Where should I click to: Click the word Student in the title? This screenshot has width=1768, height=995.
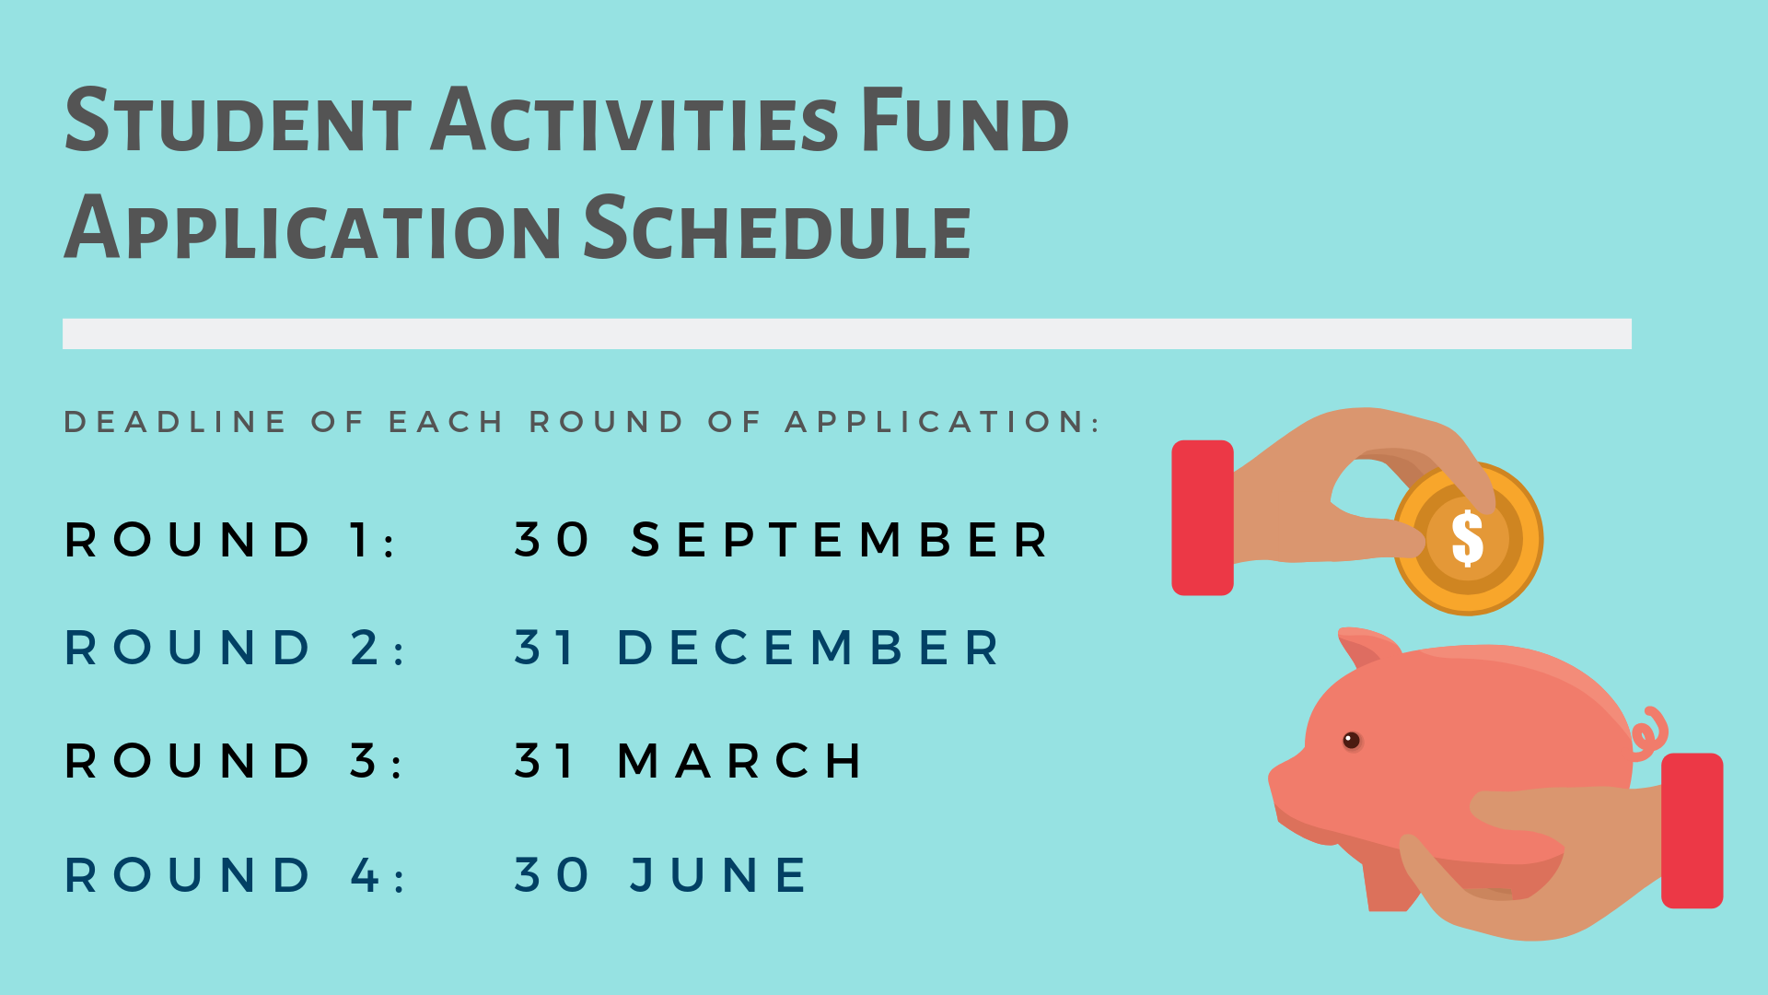pos(238,121)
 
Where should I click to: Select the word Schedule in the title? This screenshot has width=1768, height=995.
pos(778,228)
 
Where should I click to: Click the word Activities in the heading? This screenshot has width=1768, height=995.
pos(634,121)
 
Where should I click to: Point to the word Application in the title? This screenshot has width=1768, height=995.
pos(313,228)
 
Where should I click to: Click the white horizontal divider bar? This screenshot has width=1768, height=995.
pos(846,334)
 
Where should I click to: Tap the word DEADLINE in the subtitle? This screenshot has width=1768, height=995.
pos(175,422)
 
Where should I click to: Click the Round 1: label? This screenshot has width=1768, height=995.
pos(230,540)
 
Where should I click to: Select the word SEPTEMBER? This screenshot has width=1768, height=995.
pos(840,540)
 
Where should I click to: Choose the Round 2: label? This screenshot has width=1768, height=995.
pos(235,648)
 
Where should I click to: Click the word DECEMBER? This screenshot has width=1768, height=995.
pos(808,648)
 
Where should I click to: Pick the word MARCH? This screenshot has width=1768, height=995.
pos(740,761)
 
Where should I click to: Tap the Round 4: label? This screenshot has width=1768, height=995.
pos(235,875)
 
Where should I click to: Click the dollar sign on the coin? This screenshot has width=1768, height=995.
pos(1467,539)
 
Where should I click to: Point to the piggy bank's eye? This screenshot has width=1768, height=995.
pos(1351,740)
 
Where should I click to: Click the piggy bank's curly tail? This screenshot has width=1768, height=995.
pos(1650,730)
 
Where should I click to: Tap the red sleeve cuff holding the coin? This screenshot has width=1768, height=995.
pos(1202,518)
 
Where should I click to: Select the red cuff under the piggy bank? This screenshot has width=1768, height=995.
pos(1692,830)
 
